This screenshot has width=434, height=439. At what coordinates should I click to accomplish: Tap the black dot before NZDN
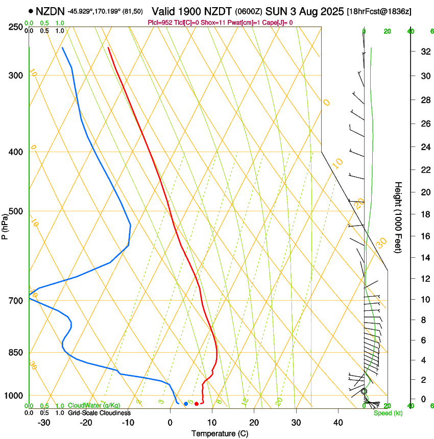click(31, 10)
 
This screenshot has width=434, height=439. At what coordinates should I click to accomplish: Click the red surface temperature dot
click(197, 404)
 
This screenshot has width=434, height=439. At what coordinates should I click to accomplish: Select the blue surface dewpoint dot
click(186, 404)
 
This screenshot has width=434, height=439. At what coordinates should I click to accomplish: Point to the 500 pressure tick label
click(16, 211)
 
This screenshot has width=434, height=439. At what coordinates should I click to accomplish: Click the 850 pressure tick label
click(16, 353)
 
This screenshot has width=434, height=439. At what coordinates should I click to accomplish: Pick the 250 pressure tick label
click(16, 27)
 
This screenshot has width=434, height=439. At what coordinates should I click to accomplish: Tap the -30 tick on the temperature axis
click(44, 423)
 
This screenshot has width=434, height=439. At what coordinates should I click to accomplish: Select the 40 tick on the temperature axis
click(337, 423)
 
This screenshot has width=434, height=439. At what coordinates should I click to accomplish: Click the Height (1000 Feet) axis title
click(398, 217)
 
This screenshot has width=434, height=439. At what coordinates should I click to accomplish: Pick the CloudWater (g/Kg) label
click(94, 406)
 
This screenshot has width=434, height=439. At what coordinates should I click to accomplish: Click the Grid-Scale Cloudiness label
click(99, 413)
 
